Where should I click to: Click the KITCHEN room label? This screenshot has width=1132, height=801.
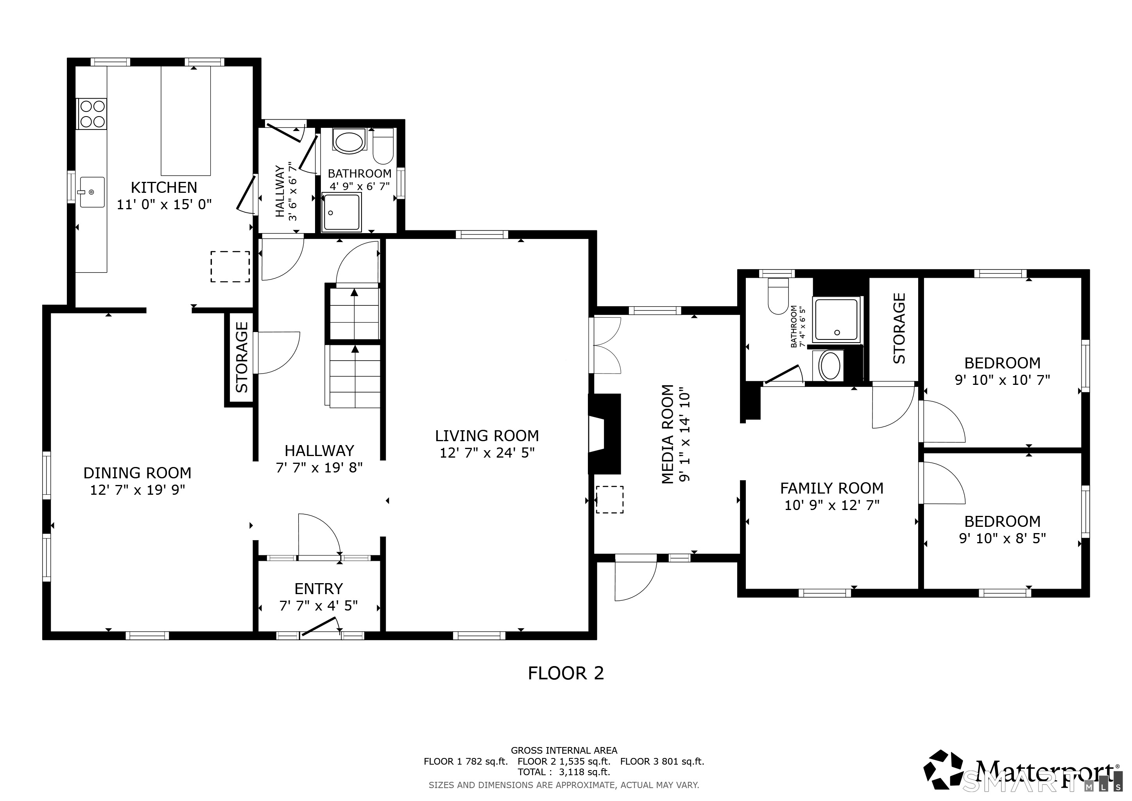click(164, 187)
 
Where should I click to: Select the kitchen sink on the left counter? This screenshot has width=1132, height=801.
click(92, 192)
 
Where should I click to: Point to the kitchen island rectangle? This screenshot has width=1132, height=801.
click(186, 120)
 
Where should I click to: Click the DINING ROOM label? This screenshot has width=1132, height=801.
click(137, 473)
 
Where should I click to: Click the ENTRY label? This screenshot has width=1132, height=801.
click(319, 589)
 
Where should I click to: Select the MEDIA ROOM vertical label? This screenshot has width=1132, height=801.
click(668, 434)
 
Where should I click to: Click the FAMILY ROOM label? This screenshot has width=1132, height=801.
click(832, 488)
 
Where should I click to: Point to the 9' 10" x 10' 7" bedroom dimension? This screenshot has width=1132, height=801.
click(1002, 380)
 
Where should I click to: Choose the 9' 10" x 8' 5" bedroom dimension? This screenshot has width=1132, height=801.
click(1002, 538)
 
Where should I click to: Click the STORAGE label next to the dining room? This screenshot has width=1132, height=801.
click(242, 357)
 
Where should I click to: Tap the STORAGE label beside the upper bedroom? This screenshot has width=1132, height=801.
click(899, 329)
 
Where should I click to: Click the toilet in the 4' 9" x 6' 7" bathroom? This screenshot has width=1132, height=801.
click(383, 147)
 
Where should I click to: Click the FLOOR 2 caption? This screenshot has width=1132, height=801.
click(566, 673)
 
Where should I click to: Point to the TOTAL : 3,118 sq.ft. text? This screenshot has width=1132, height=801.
click(564, 772)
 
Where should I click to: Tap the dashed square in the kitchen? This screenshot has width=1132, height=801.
click(230, 266)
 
